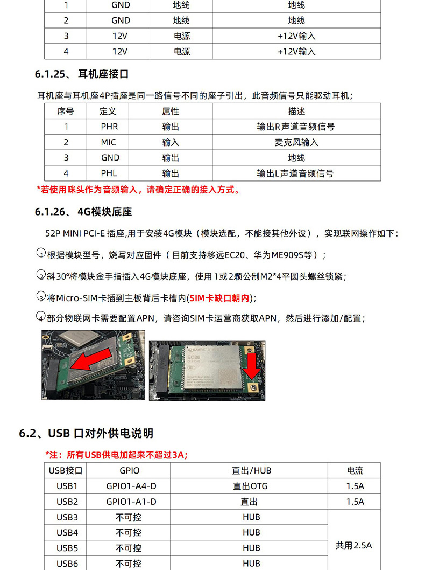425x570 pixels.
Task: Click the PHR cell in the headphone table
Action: tap(109, 127)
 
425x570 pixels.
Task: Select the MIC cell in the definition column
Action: tap(109, 142)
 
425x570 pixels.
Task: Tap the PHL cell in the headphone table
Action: tap(109, 173)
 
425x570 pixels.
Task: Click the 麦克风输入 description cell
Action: tap(296, 142)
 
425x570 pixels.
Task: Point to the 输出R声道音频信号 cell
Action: tap(295, 127)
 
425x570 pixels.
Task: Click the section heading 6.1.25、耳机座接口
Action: tap(82, 74)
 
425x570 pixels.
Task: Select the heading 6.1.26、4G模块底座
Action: tap(83, 212)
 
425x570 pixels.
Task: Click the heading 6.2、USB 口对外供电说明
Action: tap(86, 433)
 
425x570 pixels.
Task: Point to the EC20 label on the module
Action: tap(194, 357)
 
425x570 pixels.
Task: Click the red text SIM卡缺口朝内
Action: tap(219, 298)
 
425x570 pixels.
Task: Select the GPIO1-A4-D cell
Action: tap(131, 486)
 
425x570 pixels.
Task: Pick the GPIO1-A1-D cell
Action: tap(131, 502)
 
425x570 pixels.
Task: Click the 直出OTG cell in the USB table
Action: tap(250, 486)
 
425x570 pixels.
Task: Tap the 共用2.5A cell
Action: tap(354, 545)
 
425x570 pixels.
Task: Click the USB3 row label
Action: tap(67, 517)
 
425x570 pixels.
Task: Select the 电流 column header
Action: tap(355, 470)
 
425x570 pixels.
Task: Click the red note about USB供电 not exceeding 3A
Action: tap(117, 455)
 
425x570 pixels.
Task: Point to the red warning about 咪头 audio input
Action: tap(138, 190)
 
